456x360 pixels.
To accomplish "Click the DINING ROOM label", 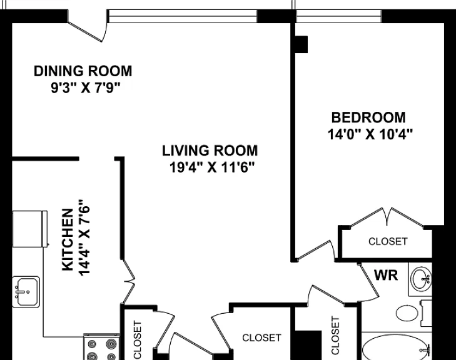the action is pos(83,71).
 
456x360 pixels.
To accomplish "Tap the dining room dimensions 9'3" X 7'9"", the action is pos(86,87).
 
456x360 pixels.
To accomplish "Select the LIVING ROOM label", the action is pos(210,151).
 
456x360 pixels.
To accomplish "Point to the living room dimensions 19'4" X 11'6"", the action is pos(212,167).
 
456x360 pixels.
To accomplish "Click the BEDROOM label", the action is pos(368,117).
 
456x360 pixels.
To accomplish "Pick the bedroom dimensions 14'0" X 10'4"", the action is pos(370,134).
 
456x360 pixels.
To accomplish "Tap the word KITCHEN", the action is pos(68,240).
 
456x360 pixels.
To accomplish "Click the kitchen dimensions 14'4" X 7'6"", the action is pos(84,237).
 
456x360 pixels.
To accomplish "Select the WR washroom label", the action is pos(386,275).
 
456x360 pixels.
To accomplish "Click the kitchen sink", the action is pos(26,292).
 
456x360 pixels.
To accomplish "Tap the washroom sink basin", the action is pos(420,279).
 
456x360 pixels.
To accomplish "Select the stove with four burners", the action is pos(101,347).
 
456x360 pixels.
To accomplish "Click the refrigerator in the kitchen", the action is pos(29,229).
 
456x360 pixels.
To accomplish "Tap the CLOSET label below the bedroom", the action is pos(388,241).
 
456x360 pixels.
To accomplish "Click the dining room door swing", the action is pos(88,31).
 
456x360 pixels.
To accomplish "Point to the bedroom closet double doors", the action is pos(387,217).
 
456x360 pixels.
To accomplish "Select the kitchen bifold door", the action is pos(128,281).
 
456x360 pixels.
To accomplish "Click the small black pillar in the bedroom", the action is pos(301,44).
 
